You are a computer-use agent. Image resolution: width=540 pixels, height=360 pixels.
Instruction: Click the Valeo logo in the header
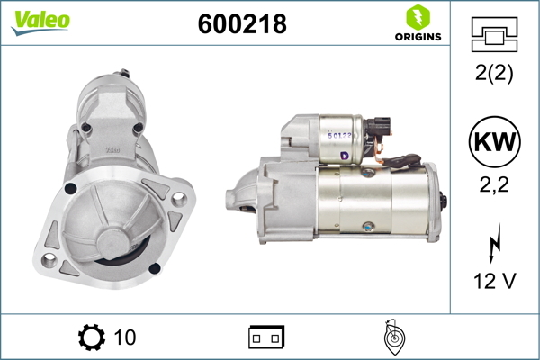tap(40, 22)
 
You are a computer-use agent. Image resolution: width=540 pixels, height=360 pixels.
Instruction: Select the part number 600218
tap(242, 24)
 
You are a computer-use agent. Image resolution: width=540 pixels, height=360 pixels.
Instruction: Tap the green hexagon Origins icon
tap(418, 17)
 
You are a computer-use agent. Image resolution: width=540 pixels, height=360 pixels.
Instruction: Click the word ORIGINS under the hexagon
tap(418, 37)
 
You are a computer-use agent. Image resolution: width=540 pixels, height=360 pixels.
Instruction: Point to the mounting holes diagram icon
tap(494, 34)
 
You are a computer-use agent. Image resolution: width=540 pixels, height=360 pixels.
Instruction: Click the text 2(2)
tap(494, 73)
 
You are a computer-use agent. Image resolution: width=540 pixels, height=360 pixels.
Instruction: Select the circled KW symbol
tap(494, 141)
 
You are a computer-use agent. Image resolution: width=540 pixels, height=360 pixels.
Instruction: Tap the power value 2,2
tap(494, 185)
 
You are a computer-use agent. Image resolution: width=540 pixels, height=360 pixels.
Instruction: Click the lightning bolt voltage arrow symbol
tap(495, 244)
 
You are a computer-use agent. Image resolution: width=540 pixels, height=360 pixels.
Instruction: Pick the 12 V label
tap(495, 281)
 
